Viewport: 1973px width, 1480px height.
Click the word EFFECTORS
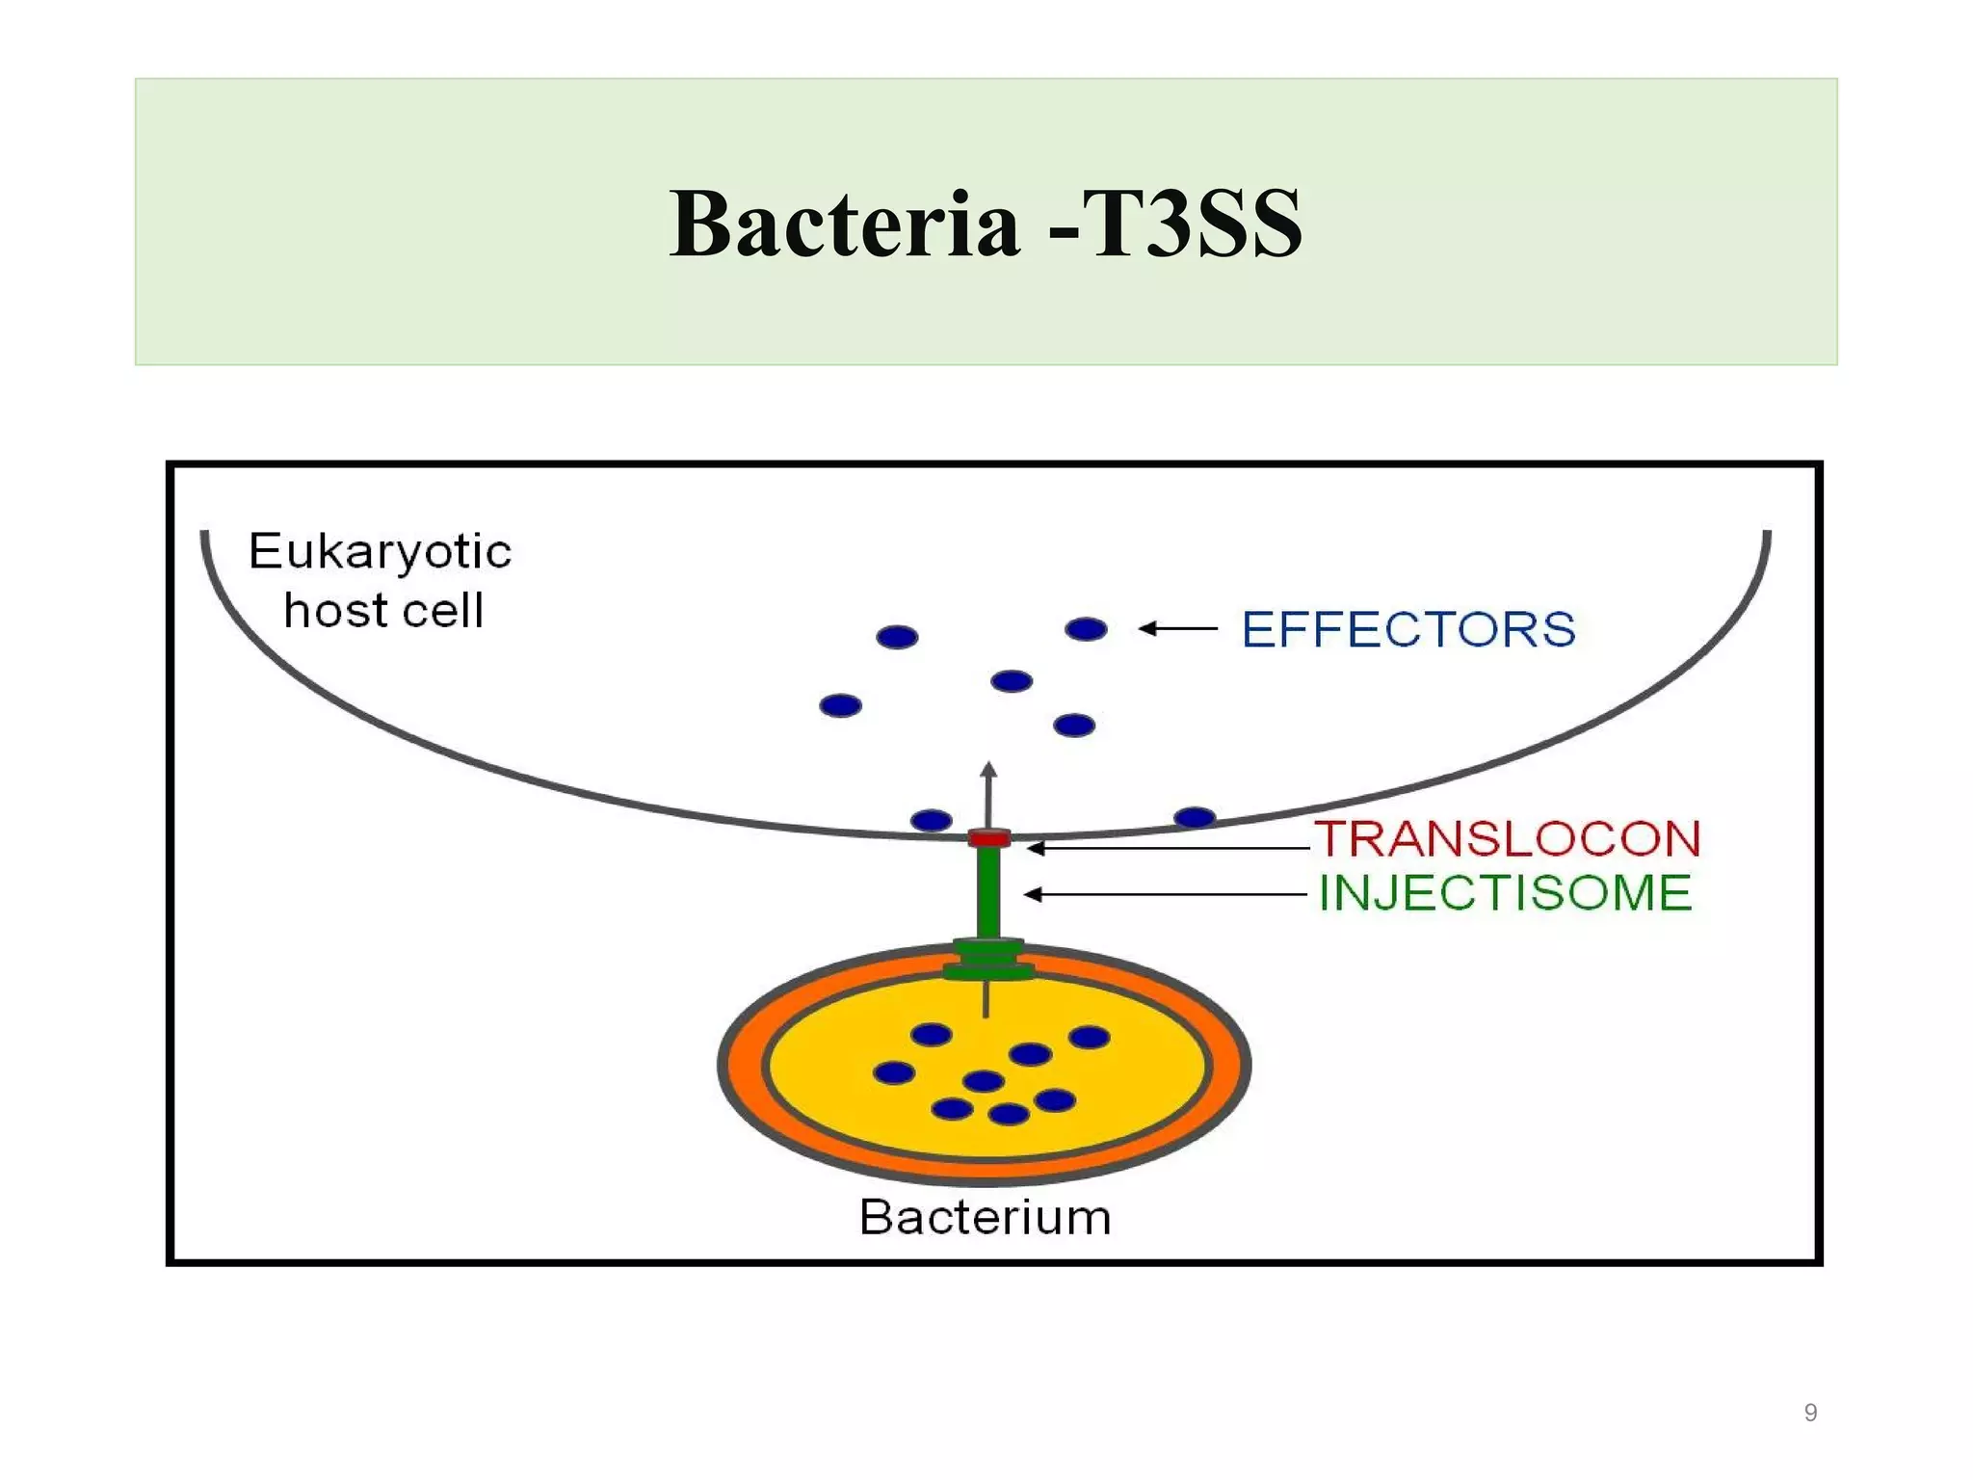pos(1407,630)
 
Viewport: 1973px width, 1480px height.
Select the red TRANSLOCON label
pos(1508,838)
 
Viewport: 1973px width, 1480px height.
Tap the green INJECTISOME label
pos(1505,893)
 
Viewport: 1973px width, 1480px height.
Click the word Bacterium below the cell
pos(985,1217)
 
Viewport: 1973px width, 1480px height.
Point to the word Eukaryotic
pos(380,552)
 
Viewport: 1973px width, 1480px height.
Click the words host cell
pos(383,611)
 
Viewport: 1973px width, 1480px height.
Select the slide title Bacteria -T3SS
pos(986,224)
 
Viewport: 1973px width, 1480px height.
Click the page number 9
pos(1810,1413)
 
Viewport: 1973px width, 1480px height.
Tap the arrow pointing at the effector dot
pos(1178,629)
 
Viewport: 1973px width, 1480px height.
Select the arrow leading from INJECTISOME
pos(1166,895)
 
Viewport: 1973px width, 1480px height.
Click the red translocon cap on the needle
pos(989,837)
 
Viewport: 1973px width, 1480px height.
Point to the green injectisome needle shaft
pos(988,891)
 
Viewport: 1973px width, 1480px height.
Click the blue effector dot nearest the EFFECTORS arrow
pos(1086,629)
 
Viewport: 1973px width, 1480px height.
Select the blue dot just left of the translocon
pos(931,820)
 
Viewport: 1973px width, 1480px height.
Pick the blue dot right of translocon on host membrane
pos(1195,817)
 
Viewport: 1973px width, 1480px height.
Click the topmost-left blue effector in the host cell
pos(897,637)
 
